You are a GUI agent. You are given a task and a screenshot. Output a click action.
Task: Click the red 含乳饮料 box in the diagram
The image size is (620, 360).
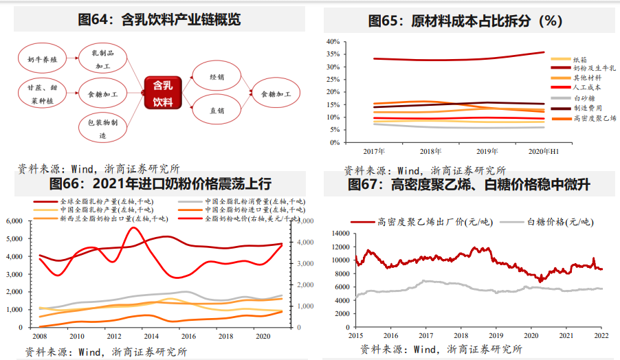[x=163, y=93]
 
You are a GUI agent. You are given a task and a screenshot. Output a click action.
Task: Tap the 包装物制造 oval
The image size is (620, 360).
[x=102, y=129]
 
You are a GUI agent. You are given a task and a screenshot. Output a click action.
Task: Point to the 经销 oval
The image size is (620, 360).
[x=217, y=77]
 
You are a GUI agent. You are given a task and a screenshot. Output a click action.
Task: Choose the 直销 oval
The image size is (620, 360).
[x=217, y=110]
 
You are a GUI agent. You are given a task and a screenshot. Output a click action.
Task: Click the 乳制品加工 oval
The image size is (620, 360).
[x=103, y=59]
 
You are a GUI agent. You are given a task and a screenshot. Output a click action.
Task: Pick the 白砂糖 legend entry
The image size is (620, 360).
[x=584, y=98]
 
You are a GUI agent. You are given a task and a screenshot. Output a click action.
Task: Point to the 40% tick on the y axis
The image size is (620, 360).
[x=333, y=41]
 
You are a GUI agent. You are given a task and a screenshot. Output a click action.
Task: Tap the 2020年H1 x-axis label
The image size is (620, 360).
[x=544, y=150]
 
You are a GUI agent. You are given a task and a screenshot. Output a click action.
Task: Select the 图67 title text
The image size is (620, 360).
[x=469, y=184]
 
